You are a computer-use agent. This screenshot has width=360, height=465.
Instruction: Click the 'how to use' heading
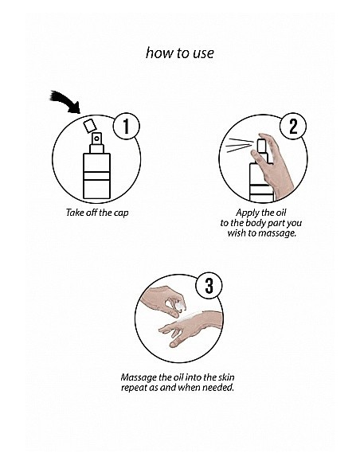click(x=180, y=53)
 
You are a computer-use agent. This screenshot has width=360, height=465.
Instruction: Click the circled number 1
click(x=126, y=127)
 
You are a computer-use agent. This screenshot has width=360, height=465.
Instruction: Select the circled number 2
click(x=293, y=127)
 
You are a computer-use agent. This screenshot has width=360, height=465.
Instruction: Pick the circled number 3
click(x=209, y=286)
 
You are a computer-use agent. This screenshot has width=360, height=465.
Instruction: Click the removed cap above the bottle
click(x=89, y=126)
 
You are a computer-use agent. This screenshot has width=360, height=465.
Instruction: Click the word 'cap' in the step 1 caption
click(x=121, y=213)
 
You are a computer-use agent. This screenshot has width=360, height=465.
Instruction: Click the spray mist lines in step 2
click(x=240, y=145)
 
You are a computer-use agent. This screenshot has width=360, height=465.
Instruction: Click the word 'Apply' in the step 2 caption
click(x=248, y=213)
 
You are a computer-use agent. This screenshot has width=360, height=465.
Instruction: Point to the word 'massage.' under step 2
click(x=277, y=233)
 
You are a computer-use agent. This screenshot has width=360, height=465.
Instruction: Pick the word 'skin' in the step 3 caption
click(x=226, y=377)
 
